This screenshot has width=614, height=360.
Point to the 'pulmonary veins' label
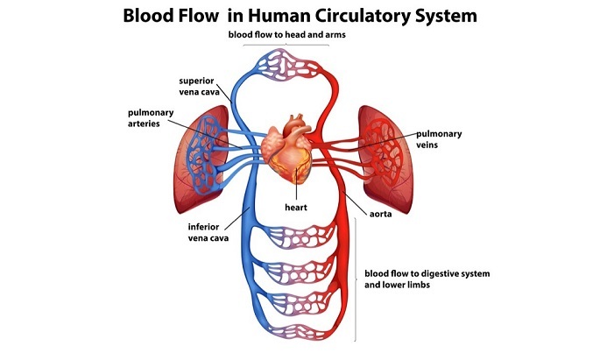coord(441,139)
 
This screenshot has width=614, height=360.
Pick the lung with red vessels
coord(386,159)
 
